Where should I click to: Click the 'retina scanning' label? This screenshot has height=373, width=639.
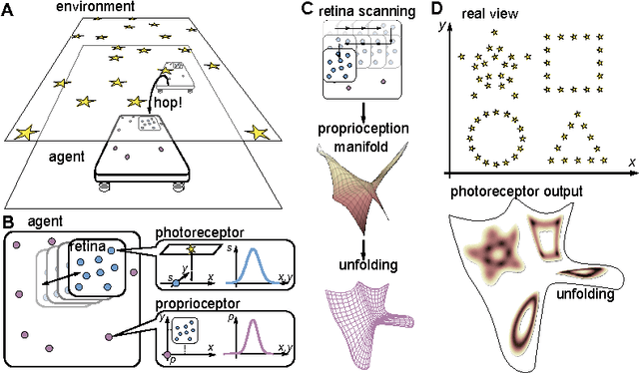(363, 11)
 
